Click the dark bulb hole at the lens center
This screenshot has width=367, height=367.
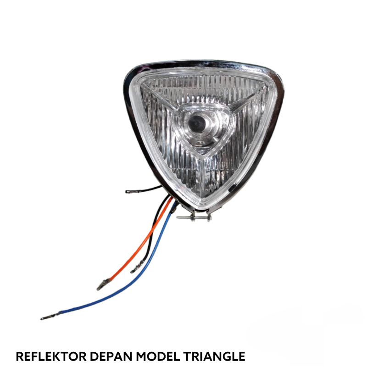click(x=198, y=122)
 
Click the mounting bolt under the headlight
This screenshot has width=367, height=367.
click(x=195, y=217)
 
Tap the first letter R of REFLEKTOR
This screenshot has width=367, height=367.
click(x=19, y=356)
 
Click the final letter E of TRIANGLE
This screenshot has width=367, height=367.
click(x=241, y=356)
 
